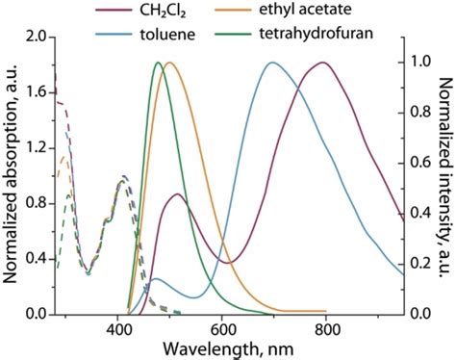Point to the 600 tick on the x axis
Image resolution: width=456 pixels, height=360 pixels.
(x=222, y=328)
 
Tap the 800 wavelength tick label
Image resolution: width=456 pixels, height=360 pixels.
(x=326, y=328)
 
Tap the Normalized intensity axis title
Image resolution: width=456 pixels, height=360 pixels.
(x=444, y=178)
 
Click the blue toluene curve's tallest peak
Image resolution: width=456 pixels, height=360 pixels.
(x=272, y=63)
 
